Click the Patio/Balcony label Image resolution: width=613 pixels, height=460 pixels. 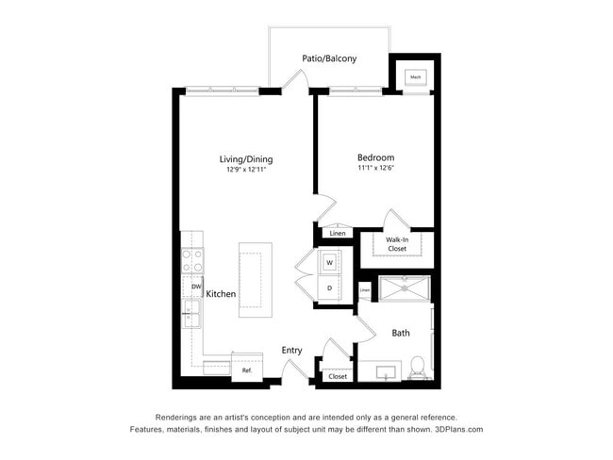pos(329,58)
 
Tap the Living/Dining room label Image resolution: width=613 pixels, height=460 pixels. pos(246,159)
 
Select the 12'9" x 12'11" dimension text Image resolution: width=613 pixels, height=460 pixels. pos(246,171)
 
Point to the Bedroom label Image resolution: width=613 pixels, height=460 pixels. pos(375,157)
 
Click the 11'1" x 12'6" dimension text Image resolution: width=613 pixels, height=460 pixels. pos(375,169)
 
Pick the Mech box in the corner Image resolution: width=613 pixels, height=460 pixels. pos(415,77)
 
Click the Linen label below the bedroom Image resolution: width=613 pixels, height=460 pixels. pos(337,233)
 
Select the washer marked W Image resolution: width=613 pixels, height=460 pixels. pos(330,262)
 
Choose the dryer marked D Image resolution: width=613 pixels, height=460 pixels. pos(330,287)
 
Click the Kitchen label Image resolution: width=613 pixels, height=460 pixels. pos(222,294)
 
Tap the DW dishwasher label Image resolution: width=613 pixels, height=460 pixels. pos(196,287)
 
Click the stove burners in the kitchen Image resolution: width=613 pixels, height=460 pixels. pos(192,260)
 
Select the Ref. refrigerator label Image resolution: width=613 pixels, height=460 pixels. pos(247,370)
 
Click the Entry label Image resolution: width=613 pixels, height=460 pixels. pos(292,351)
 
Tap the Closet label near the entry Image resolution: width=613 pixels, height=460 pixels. pos(338,376)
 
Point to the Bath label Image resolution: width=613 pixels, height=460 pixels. pos(401,333)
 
